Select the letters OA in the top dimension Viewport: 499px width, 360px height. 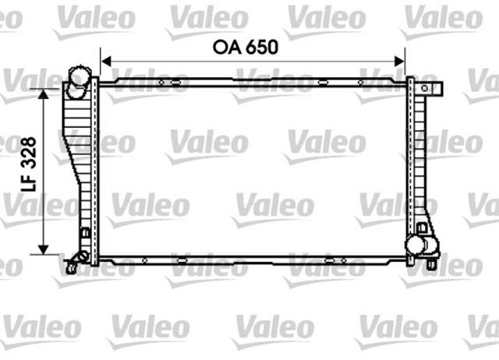coord(227,47)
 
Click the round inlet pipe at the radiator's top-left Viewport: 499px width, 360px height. coord(78,80)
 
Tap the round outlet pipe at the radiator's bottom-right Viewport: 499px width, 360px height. coord(420,245)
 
